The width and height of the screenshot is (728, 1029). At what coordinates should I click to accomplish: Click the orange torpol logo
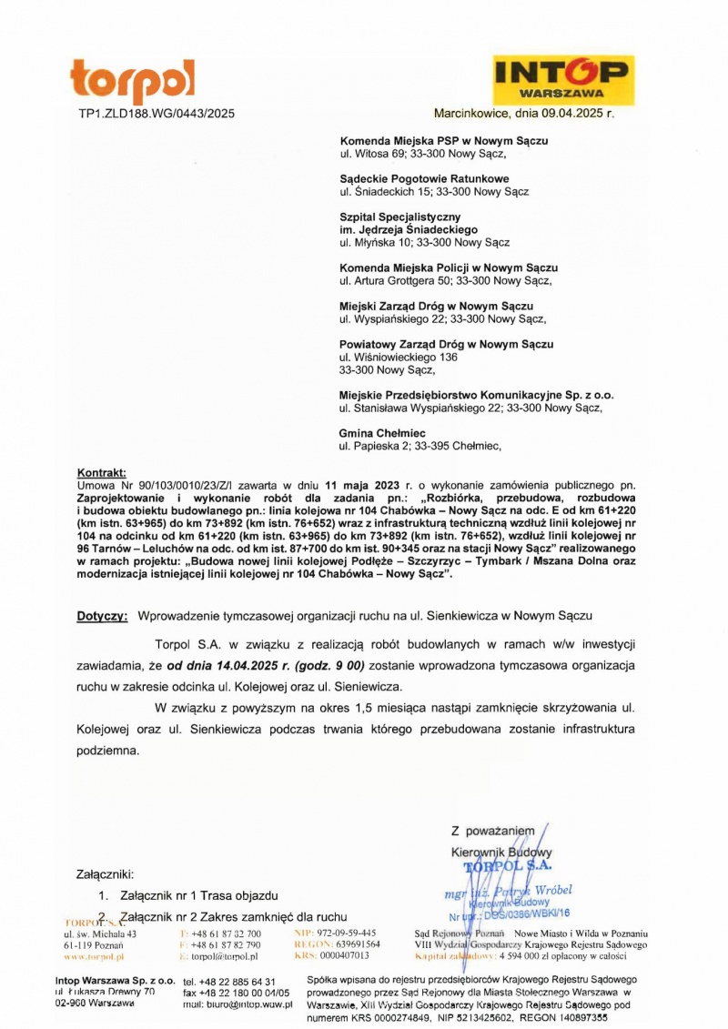132,82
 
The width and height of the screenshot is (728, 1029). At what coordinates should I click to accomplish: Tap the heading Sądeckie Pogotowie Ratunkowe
424,179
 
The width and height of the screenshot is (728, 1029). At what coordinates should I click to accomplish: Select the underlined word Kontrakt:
101,474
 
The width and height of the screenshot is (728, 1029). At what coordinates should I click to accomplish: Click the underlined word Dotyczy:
102,616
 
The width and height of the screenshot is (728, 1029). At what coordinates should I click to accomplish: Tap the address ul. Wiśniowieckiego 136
399,358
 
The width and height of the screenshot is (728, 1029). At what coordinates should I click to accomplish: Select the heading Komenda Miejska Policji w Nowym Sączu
448,268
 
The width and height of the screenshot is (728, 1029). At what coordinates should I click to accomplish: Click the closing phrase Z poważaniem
492,831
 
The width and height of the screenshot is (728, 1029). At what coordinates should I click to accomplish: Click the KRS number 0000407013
344,956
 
